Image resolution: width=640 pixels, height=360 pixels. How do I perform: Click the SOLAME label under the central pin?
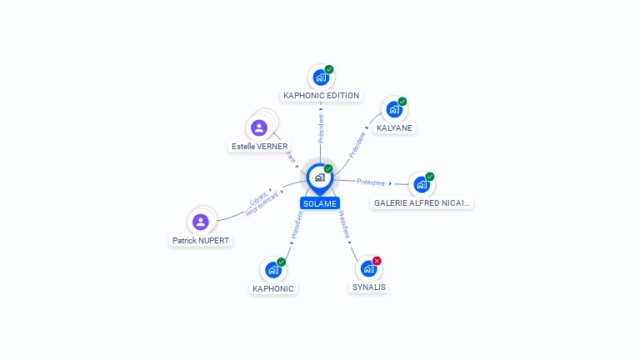pyautogui.click(x=320, y=203)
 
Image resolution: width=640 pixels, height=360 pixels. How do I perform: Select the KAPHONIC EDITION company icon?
pyautogui.click(x=320, y=77)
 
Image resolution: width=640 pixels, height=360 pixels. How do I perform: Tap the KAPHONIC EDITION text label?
pyautogui.click(x=321, y=96)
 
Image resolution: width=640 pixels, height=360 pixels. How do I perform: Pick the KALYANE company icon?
pyautogui.click(x=394, y=109)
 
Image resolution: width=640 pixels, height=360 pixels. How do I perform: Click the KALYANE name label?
pyautogui.click(x=394, y=127)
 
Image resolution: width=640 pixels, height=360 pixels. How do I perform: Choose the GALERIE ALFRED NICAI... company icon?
pyautogui.click(x=422, y=184)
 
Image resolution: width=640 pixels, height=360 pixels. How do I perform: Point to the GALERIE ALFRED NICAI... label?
pyautogui.click(x=422, y=202)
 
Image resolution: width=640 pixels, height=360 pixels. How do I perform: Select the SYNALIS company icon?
pyautogui.click(x=368, y=269)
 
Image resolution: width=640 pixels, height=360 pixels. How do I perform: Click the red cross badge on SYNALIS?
pyautogui.click(x=377, y=261)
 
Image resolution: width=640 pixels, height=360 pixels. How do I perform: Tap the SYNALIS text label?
pyautogui.click(x=369, y=287)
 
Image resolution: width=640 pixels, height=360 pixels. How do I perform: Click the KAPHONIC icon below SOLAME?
pyautogui.click(x=272, y=269)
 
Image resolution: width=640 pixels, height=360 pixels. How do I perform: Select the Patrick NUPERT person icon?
pyautogui.click(x=200, y=222)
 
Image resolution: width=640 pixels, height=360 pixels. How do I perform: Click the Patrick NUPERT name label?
pyautogui.click(x=200, y=240)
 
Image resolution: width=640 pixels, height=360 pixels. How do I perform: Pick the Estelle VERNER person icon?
pyautogui.click(x=259, y=128)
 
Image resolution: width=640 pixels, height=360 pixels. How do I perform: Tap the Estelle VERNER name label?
pyautogui.click(x=259, y=147)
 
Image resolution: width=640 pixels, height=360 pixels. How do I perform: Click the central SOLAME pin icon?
pyautogui.click(x=320, y=177)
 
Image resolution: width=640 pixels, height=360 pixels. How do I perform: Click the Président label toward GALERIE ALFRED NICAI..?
pyautogui.click(x=371, y=182)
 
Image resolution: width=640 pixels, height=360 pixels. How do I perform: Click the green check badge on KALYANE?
pyautogui.click(x=402, y=102)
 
